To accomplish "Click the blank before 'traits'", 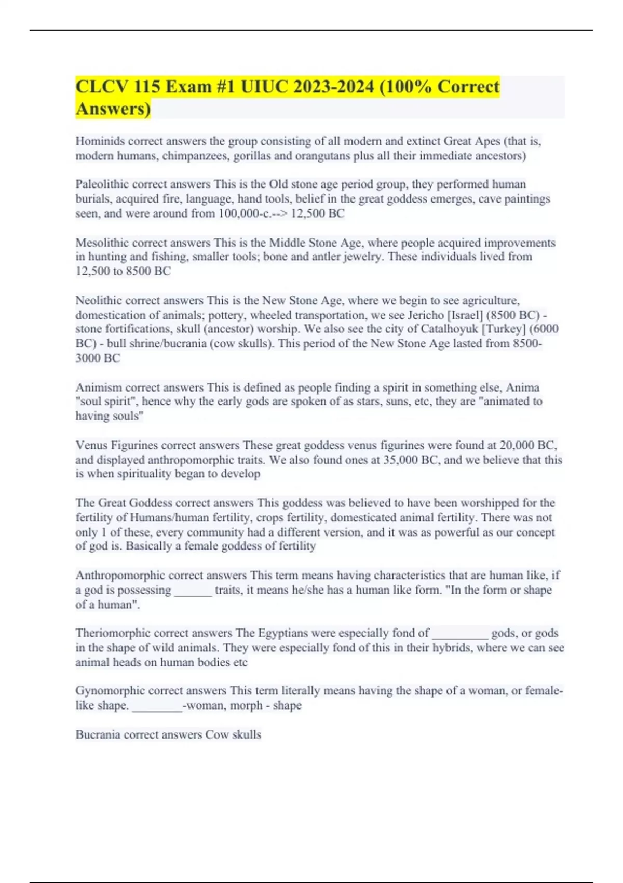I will tap(193, 591).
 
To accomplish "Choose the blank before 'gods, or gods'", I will tap(460, 634).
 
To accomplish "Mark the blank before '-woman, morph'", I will tap(157, 706).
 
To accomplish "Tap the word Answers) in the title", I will tap(113, 109).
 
